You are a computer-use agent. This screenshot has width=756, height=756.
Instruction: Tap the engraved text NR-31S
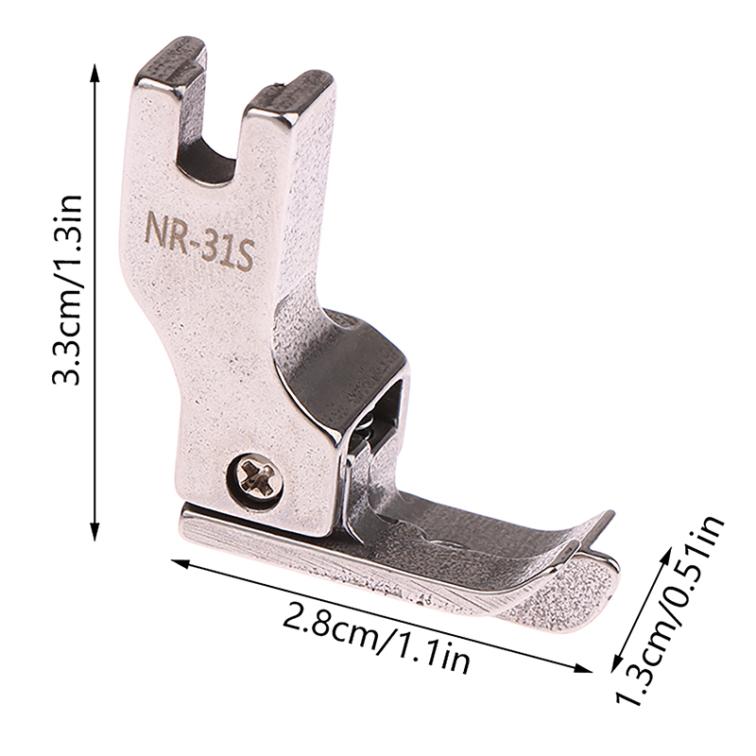(199, 239)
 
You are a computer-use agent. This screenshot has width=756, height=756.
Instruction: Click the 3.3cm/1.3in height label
(68, 289)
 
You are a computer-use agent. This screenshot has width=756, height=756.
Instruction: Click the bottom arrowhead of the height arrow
(94, 529)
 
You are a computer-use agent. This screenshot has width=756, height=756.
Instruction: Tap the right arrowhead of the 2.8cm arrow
(581, 667)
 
